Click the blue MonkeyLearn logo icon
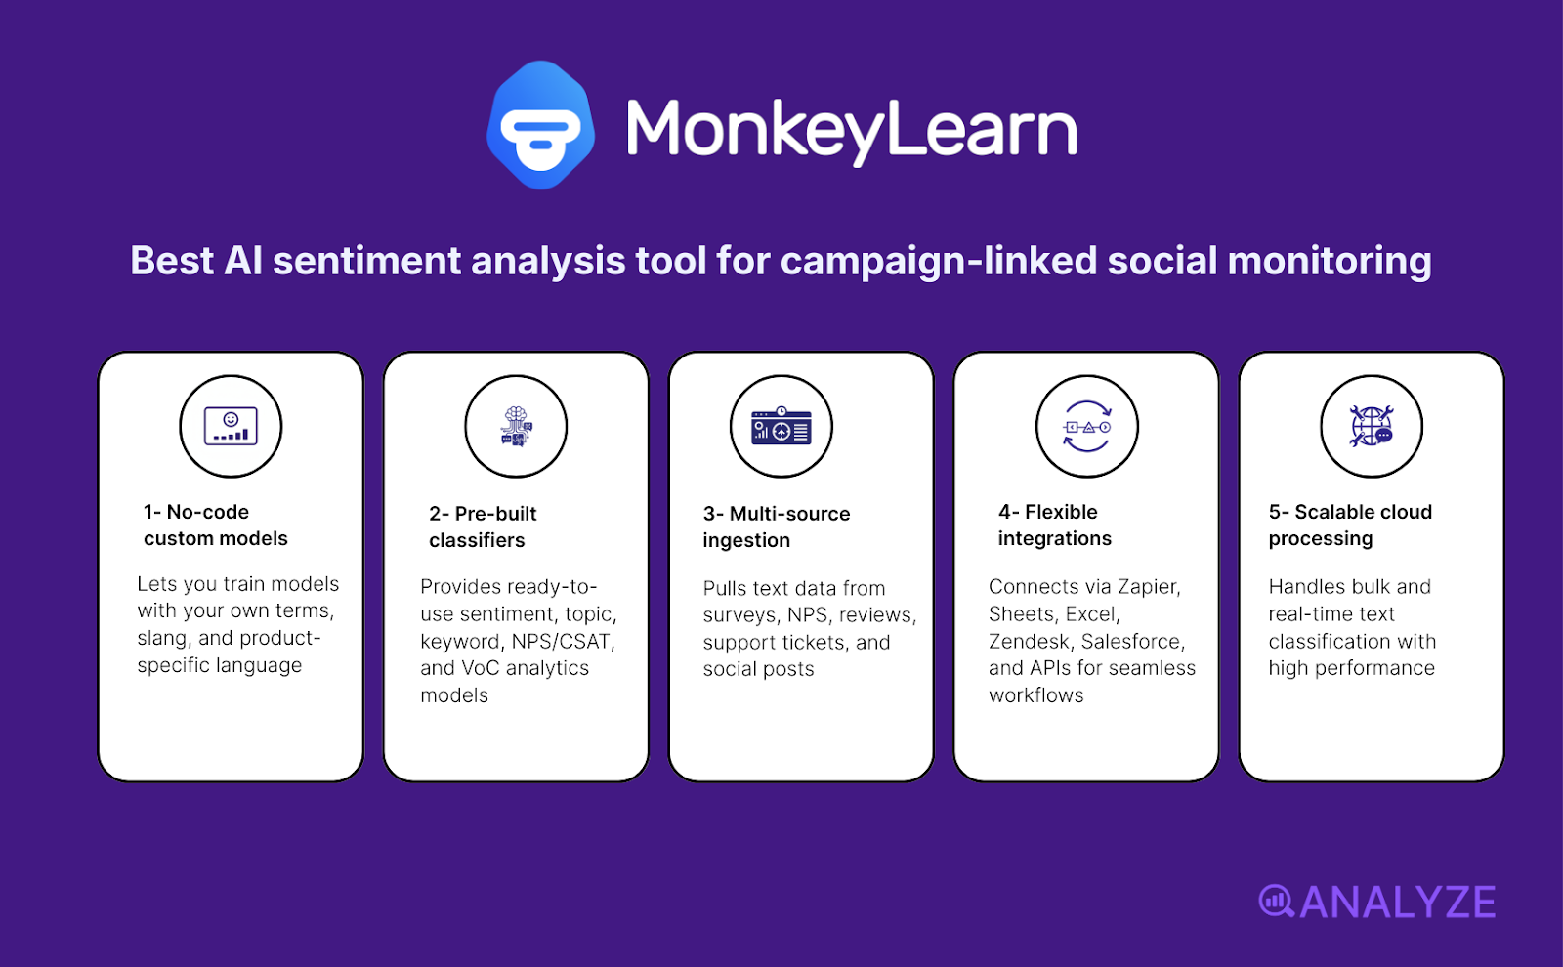(540, 126)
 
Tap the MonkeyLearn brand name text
(851, 129)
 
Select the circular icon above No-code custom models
(231, 427)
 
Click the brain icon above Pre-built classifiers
(516, 427)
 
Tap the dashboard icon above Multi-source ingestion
(781, 427)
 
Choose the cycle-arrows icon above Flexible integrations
(1086, 427)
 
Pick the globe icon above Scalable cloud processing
(1372, 427)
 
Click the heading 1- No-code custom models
(215, 526)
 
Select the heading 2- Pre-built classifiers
(483, 527)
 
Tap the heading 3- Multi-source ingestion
(776, 527)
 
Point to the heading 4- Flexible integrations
(1054, 526)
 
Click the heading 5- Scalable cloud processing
(1349, 526)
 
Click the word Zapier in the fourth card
(1148, 587)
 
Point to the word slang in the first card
(162, 639)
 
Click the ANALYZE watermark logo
(1377, 902)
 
